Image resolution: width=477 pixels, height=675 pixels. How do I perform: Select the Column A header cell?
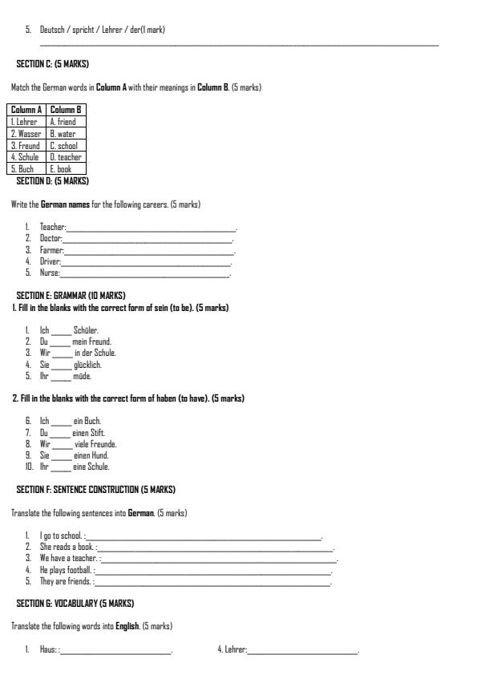pos(26,110)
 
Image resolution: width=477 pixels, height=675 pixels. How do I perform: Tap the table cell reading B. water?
pos(63,134)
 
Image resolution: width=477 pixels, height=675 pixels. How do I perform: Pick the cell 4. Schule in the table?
pos(25,157)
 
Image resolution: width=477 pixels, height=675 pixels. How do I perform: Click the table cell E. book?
pos(61,169)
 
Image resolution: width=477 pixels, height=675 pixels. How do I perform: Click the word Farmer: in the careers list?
pos(51,250)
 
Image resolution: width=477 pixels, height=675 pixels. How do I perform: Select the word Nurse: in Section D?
pos(50,273)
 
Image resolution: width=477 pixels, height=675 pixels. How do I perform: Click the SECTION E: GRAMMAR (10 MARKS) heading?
pos(71,295)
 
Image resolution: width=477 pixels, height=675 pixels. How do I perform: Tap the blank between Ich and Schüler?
pos(62,330)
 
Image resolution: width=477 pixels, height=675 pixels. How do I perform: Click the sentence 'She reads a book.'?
pos(67,547)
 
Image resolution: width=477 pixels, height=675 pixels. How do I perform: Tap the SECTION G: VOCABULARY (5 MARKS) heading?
pos(75,603)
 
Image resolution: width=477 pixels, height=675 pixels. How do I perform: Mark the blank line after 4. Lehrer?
pos(303,649)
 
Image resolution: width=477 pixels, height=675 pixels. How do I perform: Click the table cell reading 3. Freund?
pos(25,146)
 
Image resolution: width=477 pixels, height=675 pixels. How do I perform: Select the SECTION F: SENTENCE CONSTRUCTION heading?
pos(95,489)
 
